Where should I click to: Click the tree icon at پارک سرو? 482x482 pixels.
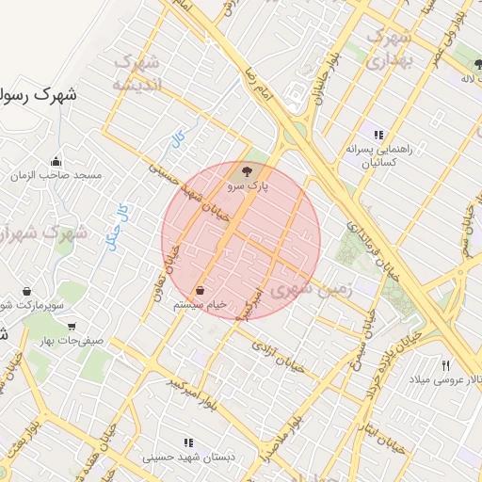click(248, 171)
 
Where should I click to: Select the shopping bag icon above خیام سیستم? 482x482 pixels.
click(201, 290)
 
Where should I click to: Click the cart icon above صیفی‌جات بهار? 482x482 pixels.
click(72, 326)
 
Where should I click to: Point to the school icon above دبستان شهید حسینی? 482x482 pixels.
click(188, 442)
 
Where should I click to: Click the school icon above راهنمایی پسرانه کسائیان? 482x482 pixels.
click(378, 135)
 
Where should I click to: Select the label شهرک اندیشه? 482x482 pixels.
click(137, 72)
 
